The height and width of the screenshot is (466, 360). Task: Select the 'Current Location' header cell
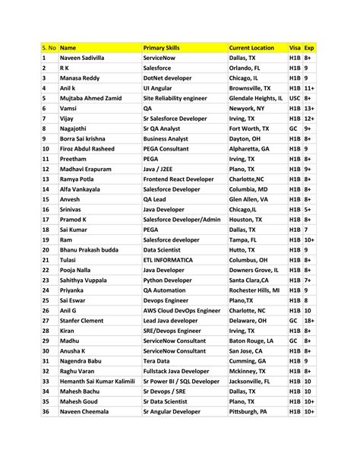pos(251,47)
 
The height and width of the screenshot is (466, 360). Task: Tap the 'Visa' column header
pos(295,47)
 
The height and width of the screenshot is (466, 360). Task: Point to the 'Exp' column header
pos(309,47)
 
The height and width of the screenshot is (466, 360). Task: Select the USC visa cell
pos(295,98)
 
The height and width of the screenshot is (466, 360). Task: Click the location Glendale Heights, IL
pos(256,98)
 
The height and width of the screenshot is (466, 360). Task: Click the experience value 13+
pos(309,109)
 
